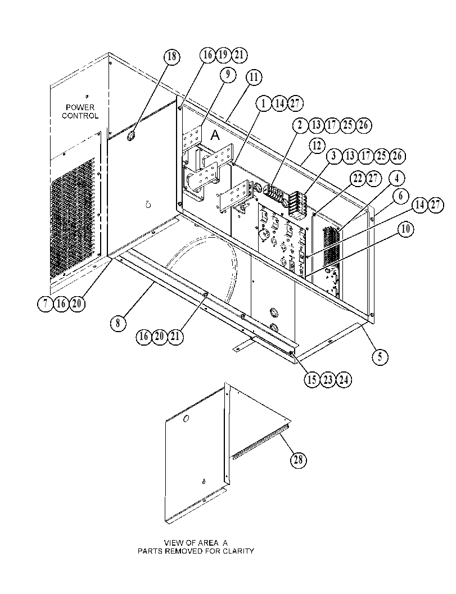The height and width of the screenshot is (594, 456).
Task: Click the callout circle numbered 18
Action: pyautogui.click(x=171, y=56)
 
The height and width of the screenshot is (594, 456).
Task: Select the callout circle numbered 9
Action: pyautogui.click(x=228, y=74)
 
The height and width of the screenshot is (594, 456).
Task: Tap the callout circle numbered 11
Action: pyautogui.click(x=254, y=78)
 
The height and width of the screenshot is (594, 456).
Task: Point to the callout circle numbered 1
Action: pyautogui.click(x=264, y=103)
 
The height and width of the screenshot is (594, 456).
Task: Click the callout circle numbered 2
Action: pyautogui.click(x=300, y=125)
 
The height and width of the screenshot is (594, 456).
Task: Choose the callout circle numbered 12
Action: pyautogui.click(x=317, y=146)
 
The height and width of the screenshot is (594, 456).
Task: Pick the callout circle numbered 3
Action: pyautogui.click(x=333, y=156)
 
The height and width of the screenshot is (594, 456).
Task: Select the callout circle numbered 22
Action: pyautogui.click(x=358, y=179)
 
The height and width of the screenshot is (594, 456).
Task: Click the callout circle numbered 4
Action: pyautogui.click(x=396, y=178)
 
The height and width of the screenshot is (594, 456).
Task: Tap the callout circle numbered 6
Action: pyautogui.click(x=401, y=196)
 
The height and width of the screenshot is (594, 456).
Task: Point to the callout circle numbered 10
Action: pyautogui.click(x=405, y=229)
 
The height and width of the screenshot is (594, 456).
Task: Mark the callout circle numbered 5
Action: pyautogui.click(x=380, y=356)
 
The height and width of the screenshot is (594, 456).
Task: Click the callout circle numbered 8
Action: pyautogui.click(x=118, y=323)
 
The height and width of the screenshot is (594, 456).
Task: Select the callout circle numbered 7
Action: pyautogui.click(x=46, y=304)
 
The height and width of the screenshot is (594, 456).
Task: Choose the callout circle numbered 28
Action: pyautogui.click(x=299, y=460)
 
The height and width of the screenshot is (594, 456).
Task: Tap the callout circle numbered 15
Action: pyautogui.click(x=312, y=379)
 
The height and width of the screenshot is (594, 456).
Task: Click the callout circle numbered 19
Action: pyautogui.click(x=223, y=55)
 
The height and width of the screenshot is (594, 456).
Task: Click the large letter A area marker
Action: pyautogui.click(x=215, y=135)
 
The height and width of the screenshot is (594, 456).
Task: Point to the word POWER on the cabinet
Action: pyautogui.click(x=80, y=107)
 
